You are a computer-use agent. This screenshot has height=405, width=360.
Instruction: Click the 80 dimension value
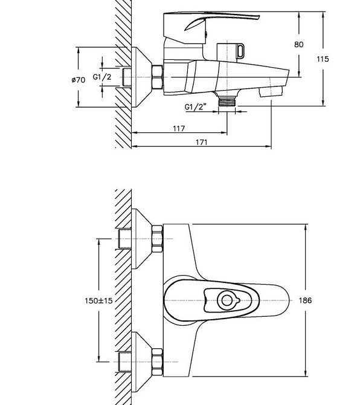[x=298, y=44]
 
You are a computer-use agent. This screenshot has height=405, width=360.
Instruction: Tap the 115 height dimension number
[x=323, y=59]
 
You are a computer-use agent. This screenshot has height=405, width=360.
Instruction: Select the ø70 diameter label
[x=78, y=80]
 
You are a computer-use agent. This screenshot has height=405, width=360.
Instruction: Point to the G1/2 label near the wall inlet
[x=102, y=77]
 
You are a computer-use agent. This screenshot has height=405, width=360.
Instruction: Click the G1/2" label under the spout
[x=196, y=106]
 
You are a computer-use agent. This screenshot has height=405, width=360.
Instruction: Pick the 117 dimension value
[x=179, y=128]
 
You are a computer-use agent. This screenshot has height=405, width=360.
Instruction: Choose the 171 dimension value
[x=201, y=142]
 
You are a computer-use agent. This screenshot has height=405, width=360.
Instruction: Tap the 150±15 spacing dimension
[x=98, y=300]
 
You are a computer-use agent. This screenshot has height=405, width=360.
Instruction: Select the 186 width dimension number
[x=305, y=300]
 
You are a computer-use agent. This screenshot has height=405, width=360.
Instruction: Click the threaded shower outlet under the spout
[x=227, y=101]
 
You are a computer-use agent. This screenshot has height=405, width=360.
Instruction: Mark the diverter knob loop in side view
[x=240, y=51]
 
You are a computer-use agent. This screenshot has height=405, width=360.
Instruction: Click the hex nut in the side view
[x=158, y=77]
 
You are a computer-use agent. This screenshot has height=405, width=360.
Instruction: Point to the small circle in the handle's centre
[x=227, y=300]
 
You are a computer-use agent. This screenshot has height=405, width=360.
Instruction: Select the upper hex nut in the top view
[x=158, y=239]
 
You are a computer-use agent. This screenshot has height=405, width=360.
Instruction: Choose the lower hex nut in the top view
[x=158, y=362]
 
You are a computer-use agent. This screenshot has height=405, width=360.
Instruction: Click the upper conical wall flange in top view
[x=141, y=239]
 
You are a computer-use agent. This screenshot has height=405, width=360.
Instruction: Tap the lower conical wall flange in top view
[x=141, y=362]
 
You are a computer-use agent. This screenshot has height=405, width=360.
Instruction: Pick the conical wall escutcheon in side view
[x=141, y=77]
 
